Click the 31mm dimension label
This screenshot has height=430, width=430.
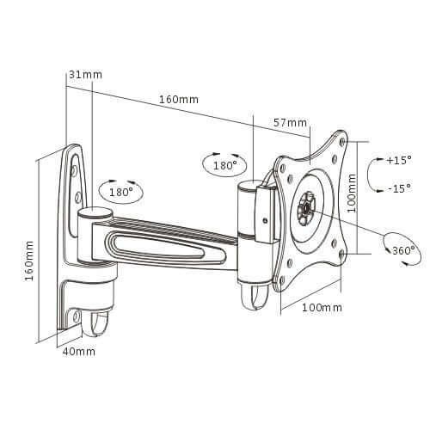click(x=84, y=75)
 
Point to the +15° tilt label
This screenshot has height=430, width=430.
click(x=399, y=161)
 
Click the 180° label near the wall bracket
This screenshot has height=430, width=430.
click(x=121, y=192)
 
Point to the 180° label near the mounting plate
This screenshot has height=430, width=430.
click(x=224, y=164)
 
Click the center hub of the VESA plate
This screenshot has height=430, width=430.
click(x=306, y=206)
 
